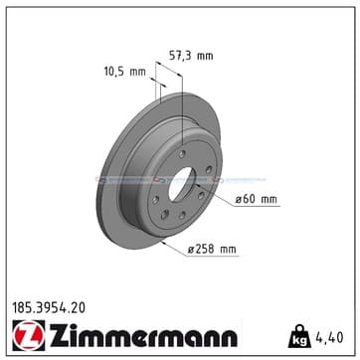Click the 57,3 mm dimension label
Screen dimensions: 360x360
coord(191,56)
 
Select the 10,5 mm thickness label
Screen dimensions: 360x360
coord(125,72)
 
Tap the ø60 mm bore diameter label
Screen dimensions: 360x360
coord(256,200)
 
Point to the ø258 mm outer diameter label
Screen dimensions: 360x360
coord(212,250)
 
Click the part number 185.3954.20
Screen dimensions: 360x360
coord(49,308)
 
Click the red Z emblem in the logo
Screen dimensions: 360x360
coord(29,335)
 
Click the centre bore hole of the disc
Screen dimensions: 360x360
coord(181,184)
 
